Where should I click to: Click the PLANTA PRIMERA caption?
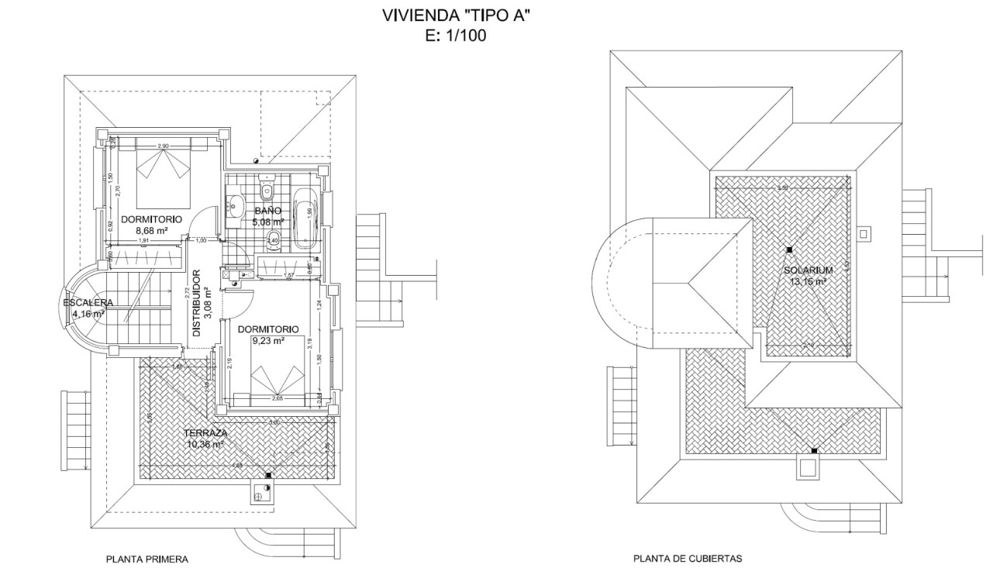tap(147, 558)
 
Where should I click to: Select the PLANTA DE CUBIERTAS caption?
tap(688, 558)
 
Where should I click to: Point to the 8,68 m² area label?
tap(153, 230)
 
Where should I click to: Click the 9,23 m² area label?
tap(267, 339)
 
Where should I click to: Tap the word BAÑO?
tap(270, 211)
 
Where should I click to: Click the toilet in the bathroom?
tap(267, 188)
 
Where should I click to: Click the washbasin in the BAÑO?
tap(235, 205)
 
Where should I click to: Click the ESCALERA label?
tap(88, 303)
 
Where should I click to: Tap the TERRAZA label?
tap(205, 434)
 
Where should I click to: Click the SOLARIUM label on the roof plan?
tap(808, 270)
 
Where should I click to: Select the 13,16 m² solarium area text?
tap(808, 282)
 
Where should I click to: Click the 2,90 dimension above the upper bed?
tap(163, 146)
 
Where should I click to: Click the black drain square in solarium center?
tap(789, 249)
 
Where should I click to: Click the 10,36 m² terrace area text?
tap(205, 445)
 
